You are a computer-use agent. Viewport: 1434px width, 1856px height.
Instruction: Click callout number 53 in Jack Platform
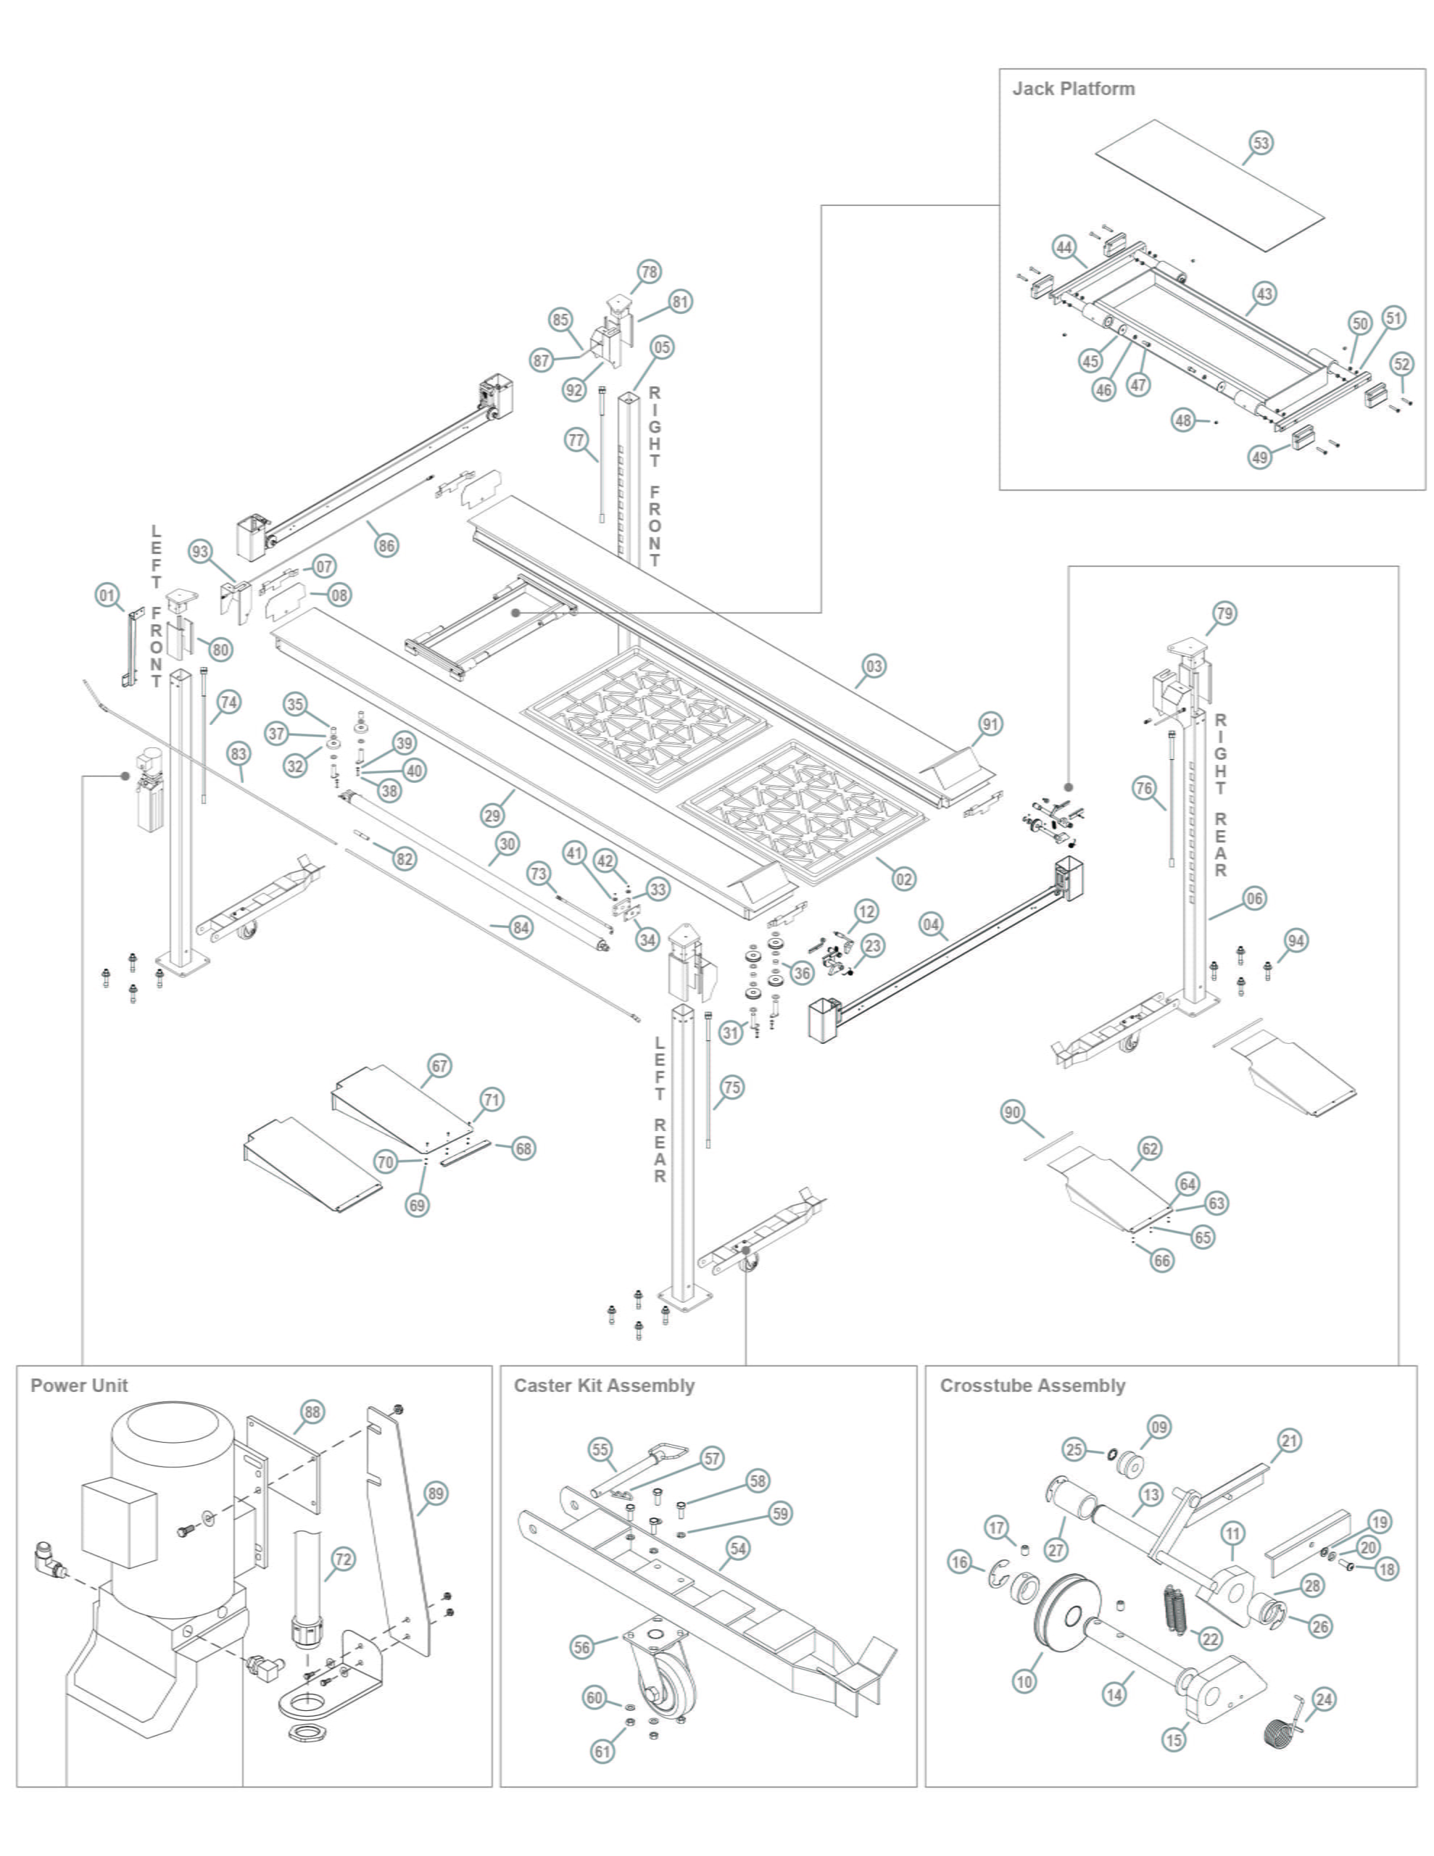pyautogui.click(x=1261, y=143)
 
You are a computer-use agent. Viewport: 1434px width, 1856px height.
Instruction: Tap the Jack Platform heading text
pyautogui.click(x=1073, y=88)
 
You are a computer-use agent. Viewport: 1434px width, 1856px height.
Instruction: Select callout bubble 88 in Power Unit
pyautogui.click(x=312, y=1412)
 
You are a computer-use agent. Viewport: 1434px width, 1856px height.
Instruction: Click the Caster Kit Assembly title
pyautogui.click(x=603, y=1385)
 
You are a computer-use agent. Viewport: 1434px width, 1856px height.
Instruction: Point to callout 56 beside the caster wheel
pyautogui.click(x=581, y=1647)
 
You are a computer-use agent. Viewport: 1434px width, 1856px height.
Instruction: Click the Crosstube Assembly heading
pyautogui.click(x=1032, y=1385)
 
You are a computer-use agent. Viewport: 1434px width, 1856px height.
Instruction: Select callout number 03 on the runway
pyautogui.click(x=874, y=666)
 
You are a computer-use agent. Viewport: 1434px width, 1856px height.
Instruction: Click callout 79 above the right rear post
pyautogui.click(x=1223, y=613)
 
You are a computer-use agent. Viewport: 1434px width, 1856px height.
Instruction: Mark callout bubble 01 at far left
pyautogui.click(x=107, y=595)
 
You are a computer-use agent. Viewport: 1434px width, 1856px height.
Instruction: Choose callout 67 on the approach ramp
pyautogui.click(x=439, y=1066)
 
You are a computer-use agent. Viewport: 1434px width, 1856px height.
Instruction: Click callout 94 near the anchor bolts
pyautogui.click(x=1296, y=941)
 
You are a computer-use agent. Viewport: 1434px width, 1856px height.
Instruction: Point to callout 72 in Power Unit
pyautogui.click(x=343, y=1559)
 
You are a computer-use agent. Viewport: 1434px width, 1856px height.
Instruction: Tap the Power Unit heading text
pyautogui.click(x=79, y=1385)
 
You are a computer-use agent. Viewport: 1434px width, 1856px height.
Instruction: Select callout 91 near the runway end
pyautogui.click(x=990, y=724)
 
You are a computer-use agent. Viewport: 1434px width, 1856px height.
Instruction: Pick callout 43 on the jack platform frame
pyautogui.click(x=1265, y=294)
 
